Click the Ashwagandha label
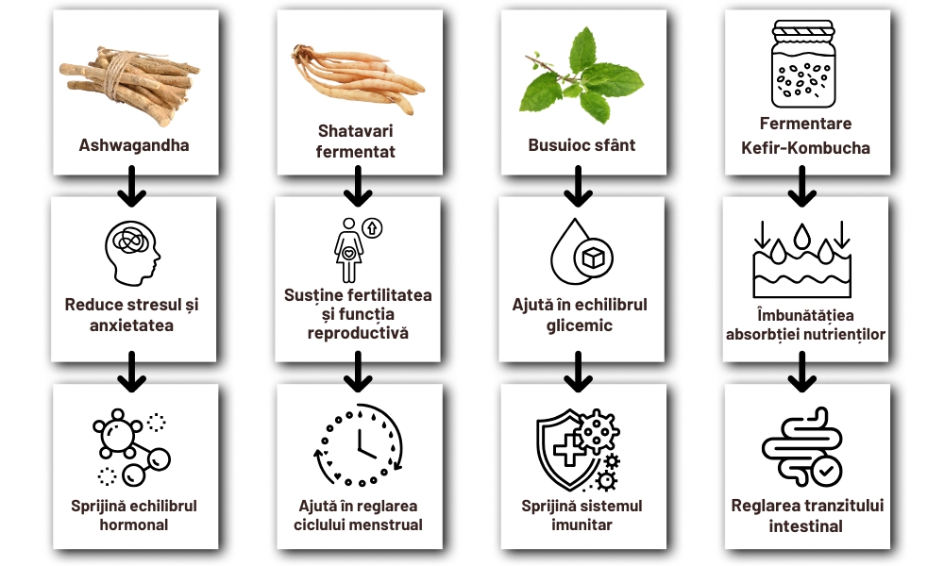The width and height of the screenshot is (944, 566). pos(134,145)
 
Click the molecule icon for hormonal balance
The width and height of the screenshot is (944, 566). pos(133,444)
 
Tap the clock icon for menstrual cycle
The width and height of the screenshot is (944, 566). pos(358,444)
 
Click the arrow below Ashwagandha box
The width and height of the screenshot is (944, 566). pos(133,189)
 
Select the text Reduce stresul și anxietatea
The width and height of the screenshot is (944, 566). pos(133,314)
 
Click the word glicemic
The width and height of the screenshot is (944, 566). pos(580,325)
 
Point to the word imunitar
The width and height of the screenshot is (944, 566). pos(581,524)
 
